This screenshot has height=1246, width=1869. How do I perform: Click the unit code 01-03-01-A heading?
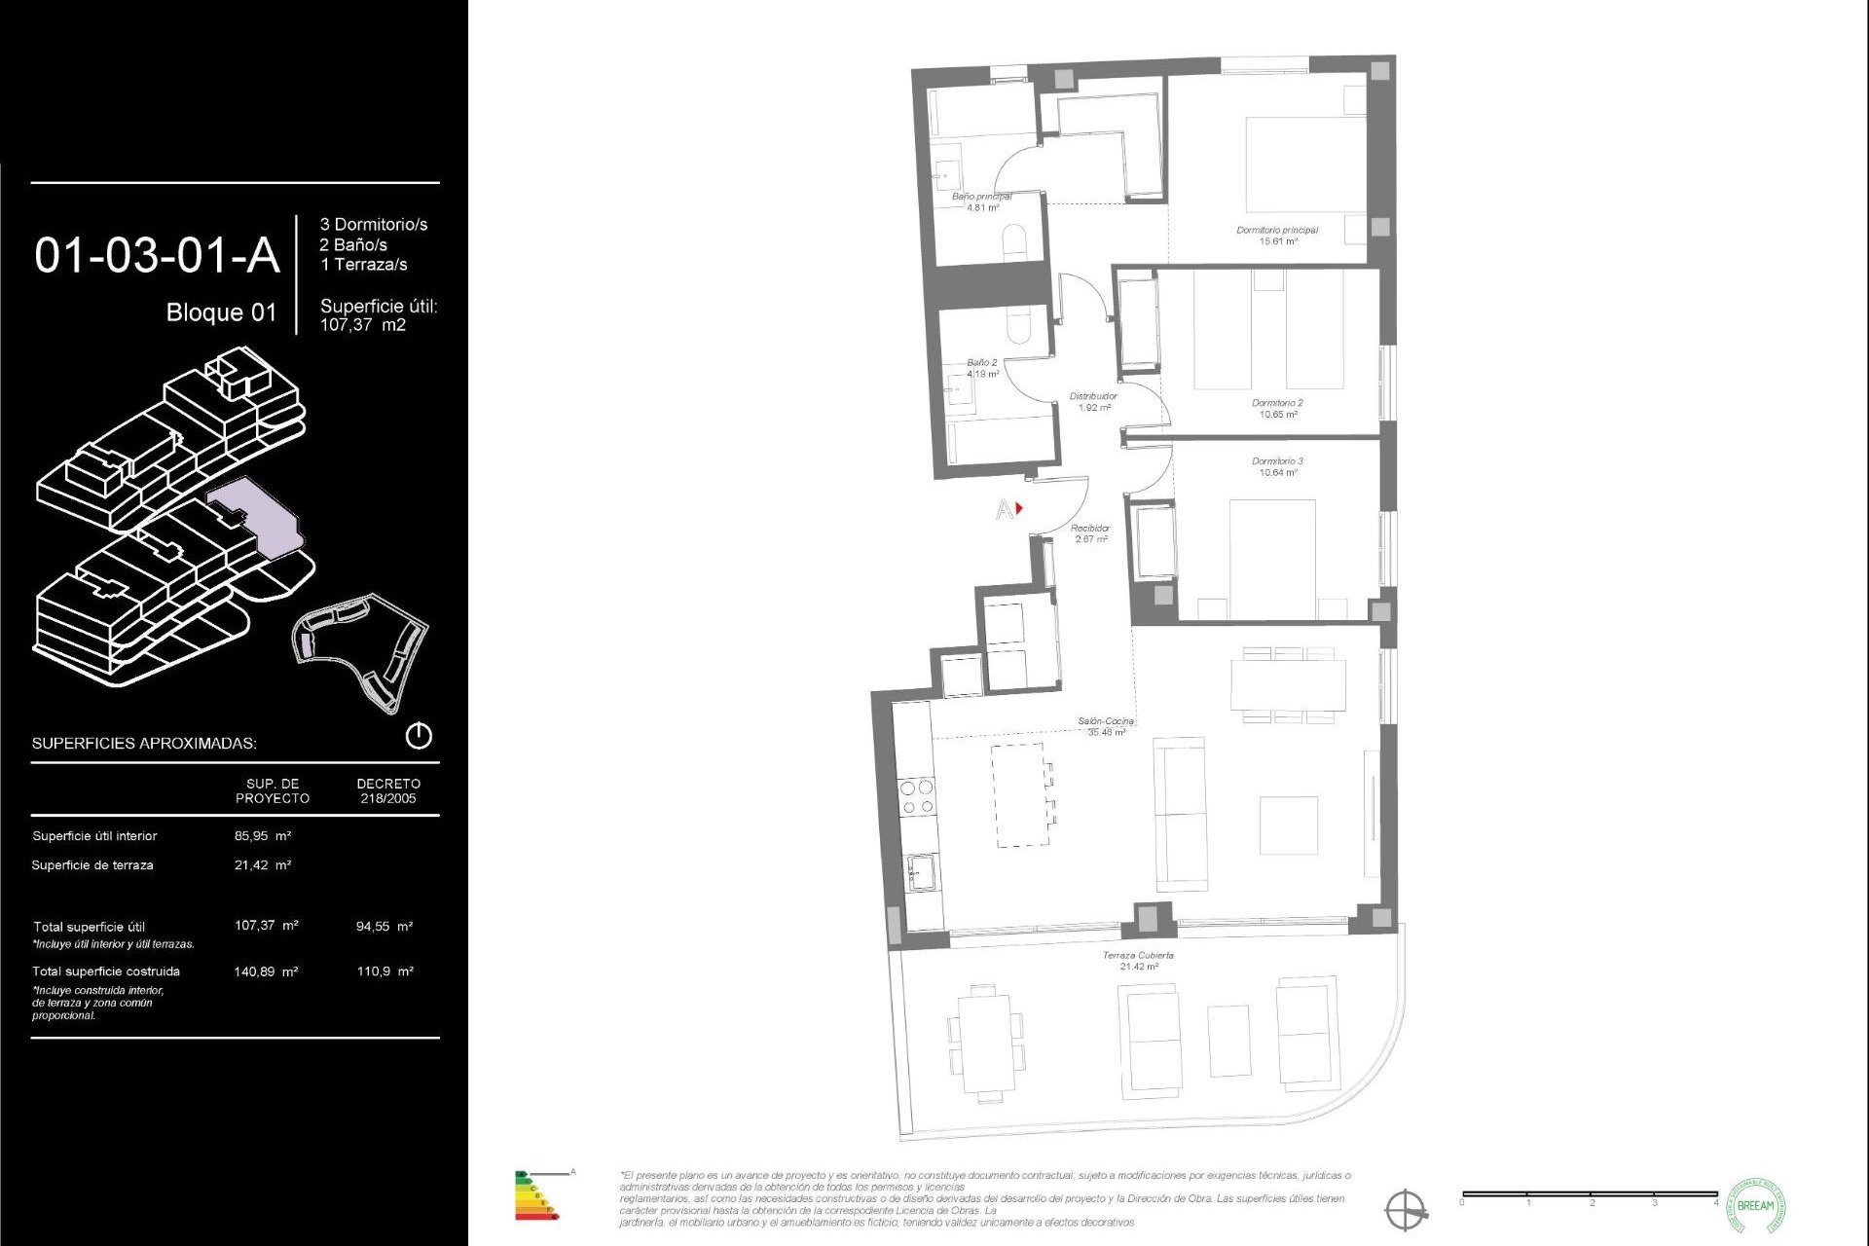pyautogui.click(x=157, y=255)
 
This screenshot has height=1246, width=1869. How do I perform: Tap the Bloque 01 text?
pyautogui.click(x=221, y=312)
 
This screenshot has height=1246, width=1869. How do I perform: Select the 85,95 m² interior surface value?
pyautogui.click(x=263, y=835)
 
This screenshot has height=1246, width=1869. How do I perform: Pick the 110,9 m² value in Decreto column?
pyautogui.click(x=385, y=971)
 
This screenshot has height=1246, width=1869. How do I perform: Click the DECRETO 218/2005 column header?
pyautogui.click(x=388, y=790)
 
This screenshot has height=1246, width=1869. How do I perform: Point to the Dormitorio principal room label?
pyautogui.click(x=1277, y=231)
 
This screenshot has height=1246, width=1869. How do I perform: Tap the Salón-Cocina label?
pyautogui.click(x=1106, y=722)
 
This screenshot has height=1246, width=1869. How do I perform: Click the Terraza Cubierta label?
pyautogui.click(x=1138, y=956)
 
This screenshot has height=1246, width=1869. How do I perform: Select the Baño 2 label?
pyautogui.click(x=981, y=362)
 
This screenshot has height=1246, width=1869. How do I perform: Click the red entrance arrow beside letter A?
pyautogui.click(x=1019, y=508)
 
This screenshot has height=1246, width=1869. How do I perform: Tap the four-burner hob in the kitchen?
pyautogui.click(x=917, y=796)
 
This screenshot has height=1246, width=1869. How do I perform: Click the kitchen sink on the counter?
pyautogui.click(x=921, y=871)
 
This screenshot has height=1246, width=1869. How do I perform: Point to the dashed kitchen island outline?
pyautogui.click(x=1020, y=794)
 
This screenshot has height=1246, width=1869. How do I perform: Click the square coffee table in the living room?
pyautogui.click(x=1289, y=825)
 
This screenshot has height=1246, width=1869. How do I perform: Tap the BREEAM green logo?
pyautogui.click(x=1755, y=1205)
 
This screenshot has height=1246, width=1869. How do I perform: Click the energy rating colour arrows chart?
pyautogui.click(x=534, y=1196)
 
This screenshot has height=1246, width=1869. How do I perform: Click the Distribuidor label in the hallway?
pyautogui.click(x=1093, y=396)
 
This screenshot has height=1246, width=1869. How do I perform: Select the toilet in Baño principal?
pyautogui.click(x=1014, y=240)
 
